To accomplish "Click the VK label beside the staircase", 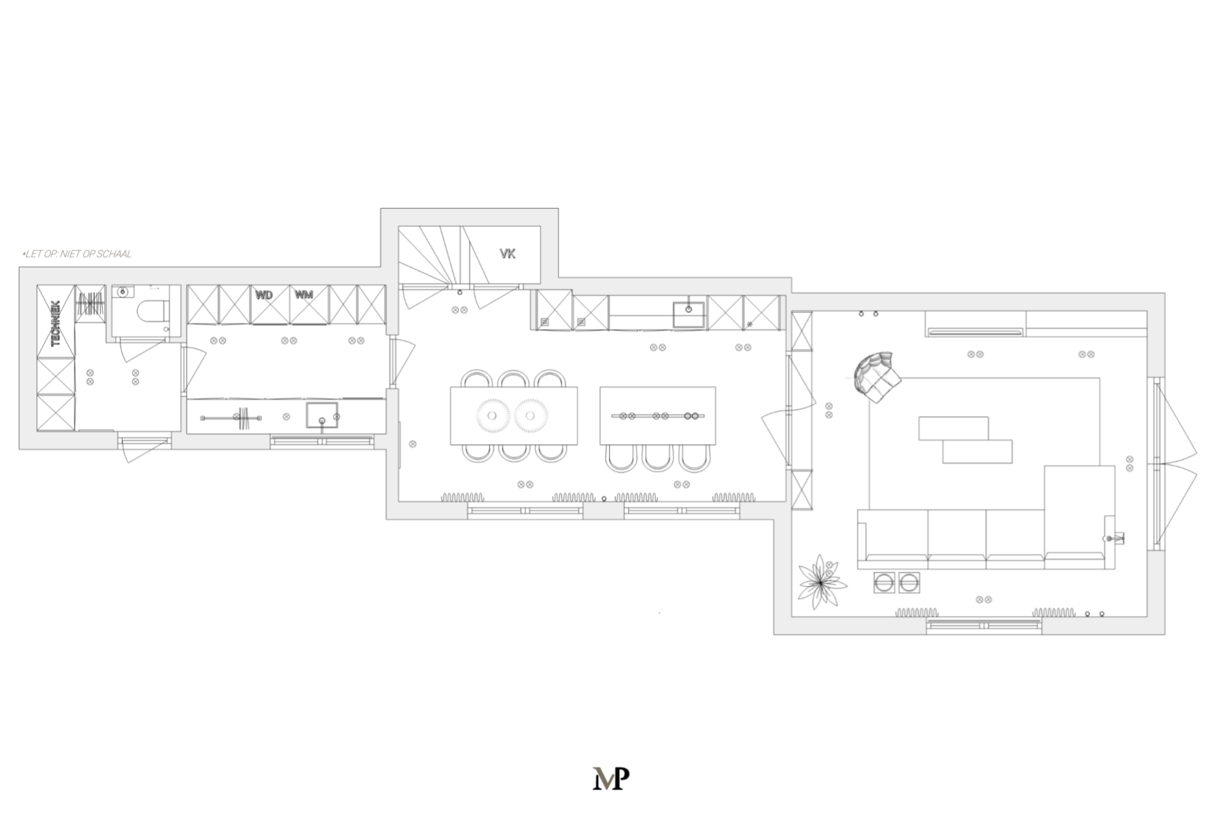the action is point(507,254).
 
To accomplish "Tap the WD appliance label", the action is point(264,295).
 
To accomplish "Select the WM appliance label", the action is point(304,294).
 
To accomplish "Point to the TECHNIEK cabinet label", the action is point(56,324).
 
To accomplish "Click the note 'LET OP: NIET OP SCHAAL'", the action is point(77,254).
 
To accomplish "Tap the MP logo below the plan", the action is point(611,778).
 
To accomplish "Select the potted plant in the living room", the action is point(822,581).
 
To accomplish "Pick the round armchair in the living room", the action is point(877,377).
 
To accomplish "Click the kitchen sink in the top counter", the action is point(688,314).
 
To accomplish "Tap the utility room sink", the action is point(322,415).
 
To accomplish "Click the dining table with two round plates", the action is point(514,415).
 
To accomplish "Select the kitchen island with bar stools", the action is point(658,415).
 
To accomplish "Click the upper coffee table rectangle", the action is point(954,428).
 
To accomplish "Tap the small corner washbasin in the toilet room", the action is point(123,292).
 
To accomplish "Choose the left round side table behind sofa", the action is point(884,583).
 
